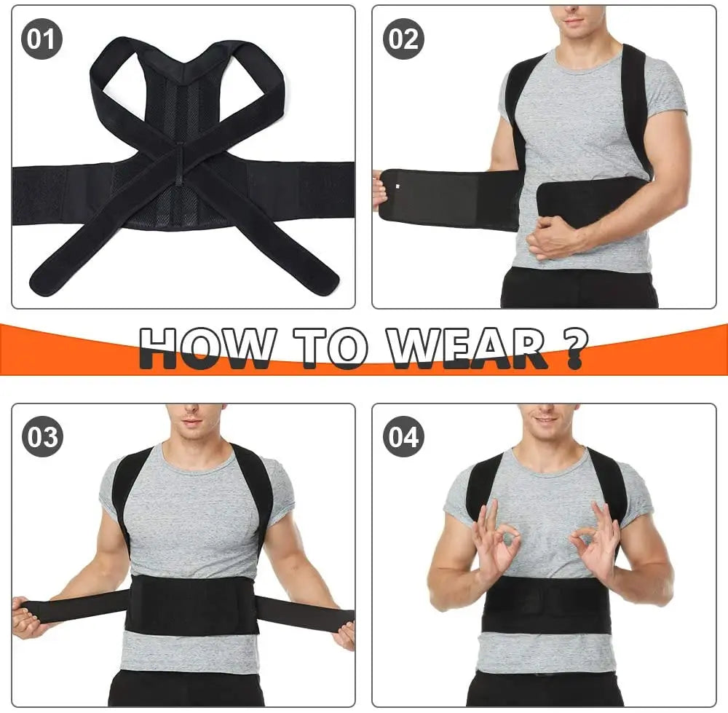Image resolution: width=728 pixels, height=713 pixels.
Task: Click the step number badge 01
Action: pyautogui.click(x=41, y=39)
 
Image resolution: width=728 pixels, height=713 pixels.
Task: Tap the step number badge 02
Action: pyautogui.click(x=403, y=39)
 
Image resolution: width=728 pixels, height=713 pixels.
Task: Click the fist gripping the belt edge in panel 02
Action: pyautogui.click(x=379, y=191)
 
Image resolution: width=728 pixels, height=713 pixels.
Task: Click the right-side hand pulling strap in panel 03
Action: pyautogui.click(x=346, y=632)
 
